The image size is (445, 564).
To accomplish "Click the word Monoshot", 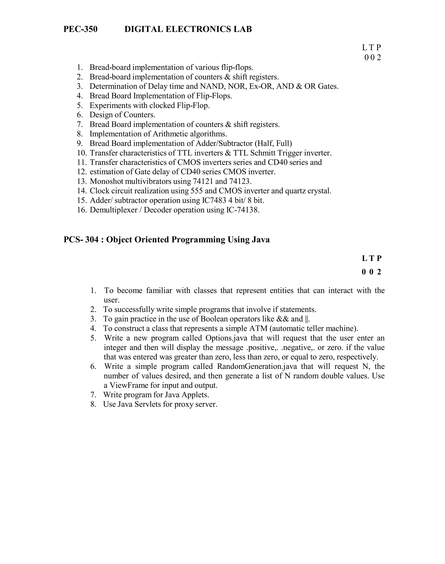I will click(x=106, y=181).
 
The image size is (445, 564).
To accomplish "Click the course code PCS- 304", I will click(x=81, y=240).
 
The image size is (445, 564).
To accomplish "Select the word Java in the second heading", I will click(x=261, y=240).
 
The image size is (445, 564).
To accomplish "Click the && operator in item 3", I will click(x=282, y=319).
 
